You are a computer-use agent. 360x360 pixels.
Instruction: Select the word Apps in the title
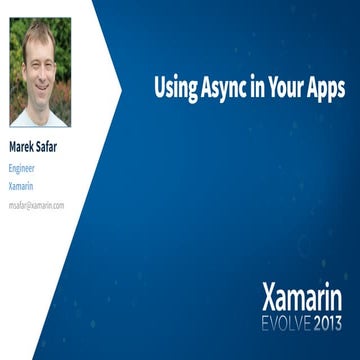pos(324,88)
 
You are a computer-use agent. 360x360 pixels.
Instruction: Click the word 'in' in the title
pos(254,87)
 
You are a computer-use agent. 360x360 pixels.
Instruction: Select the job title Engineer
pos(22,168)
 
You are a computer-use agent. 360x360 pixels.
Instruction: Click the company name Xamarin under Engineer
pos(21,186)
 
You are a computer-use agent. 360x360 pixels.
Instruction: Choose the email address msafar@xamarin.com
pos(36,204)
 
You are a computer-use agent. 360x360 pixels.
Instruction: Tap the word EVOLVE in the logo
pos(282,322)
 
